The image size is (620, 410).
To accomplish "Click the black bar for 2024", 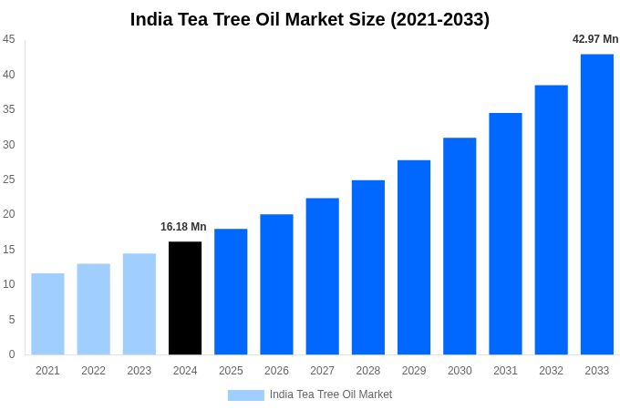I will pyautogui.click(x=185, y=298).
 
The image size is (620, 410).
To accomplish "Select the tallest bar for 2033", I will pyautogui.click(x=597, y=204).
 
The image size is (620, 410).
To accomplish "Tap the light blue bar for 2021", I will pyautogui.click(x=47, y=313).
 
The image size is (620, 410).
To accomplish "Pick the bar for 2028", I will pyautogui.click(x=368, y=267).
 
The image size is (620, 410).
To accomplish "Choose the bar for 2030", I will pyautogui.click(x=460, y=246).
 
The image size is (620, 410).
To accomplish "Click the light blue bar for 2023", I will pyautogui.click(x=139, y=303).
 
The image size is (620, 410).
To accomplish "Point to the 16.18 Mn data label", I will pyautogui.click(x=183, y=227).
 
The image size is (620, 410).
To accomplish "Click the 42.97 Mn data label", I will pyautogui.click(x=594, y=39).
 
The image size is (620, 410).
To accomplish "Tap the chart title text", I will pyautogui.click(x=310, y=19).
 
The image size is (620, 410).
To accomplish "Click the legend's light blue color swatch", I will pyautogui.click(x=245, y=395).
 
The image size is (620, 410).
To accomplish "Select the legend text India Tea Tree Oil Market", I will pyautogui.click(x=330, y=395).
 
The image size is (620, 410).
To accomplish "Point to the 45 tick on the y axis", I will pyautogui.click(x=9, y=39).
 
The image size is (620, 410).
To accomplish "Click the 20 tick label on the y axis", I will pyautogui.click(x=9, y=214).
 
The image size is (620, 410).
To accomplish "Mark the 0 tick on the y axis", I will pyautogui.click(x=12, y=354).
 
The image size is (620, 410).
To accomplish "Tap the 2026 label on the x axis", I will pyautogui.click(x=276, y=371).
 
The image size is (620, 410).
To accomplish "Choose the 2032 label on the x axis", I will pyautogui.click(x=551, y=371).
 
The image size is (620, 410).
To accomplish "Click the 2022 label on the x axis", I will pyautogui.click(x=93, y=371).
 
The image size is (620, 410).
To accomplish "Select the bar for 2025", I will pyautogui.click(x=231, y=292).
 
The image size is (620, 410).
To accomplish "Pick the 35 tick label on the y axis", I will pyautogui.click(x=9, y=109).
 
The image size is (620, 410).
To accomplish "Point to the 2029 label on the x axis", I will pyautogui.click(x=414, y=371).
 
